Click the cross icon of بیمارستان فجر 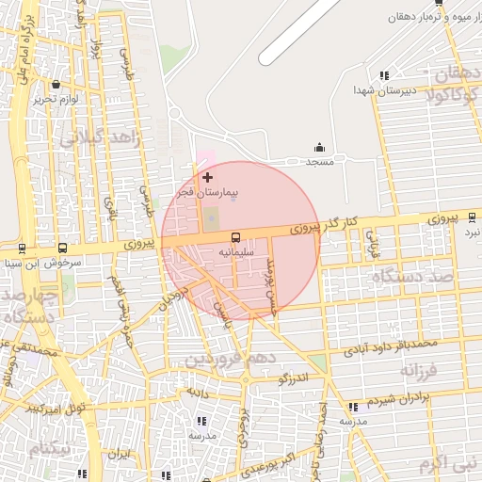[208, 177]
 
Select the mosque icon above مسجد [319, 147]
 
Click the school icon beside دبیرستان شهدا [383, 75]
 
